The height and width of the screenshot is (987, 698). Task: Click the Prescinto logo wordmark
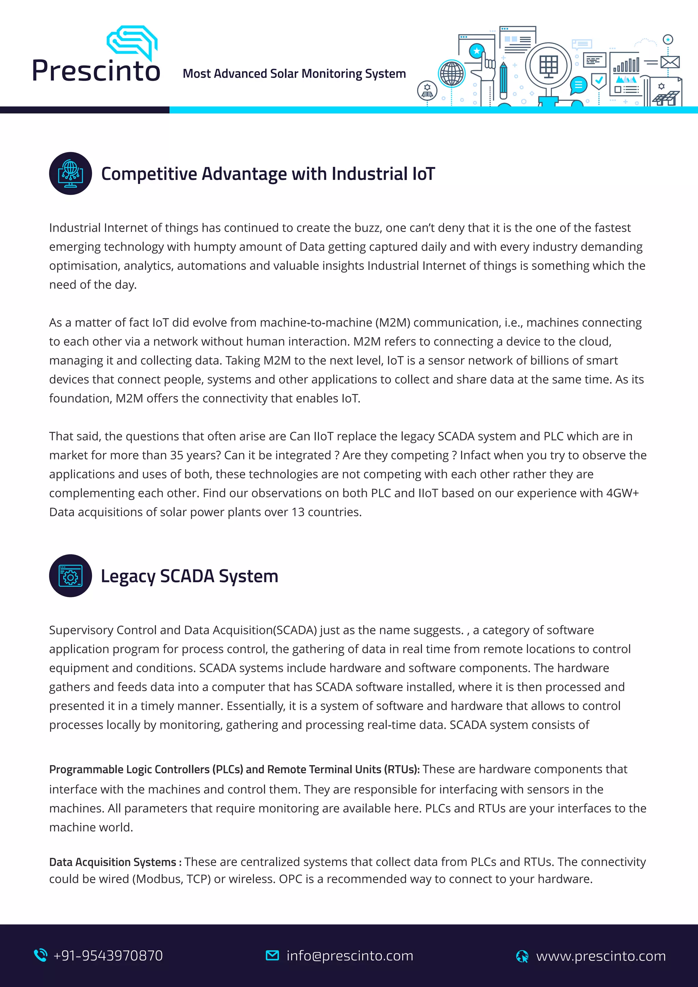(96, 70)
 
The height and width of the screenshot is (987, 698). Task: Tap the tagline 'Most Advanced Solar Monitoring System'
(294, 74)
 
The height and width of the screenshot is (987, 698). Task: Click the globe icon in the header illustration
(451, 74)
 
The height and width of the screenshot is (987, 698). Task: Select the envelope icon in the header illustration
(670, 62)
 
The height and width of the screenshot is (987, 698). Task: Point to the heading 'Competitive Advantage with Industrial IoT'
(268, 174)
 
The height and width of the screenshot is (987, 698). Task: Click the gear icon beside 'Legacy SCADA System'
(71, 576)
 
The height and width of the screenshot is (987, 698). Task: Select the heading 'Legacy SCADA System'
(189, 576)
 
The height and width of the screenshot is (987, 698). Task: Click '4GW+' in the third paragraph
(622, 493)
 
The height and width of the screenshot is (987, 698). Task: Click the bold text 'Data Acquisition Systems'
(112, 862)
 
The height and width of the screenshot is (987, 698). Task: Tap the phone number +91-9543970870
(108, 956)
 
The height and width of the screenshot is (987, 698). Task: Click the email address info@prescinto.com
(350, 956)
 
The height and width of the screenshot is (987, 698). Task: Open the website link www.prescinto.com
(601, 956)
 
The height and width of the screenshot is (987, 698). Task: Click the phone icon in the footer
(41, 955)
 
